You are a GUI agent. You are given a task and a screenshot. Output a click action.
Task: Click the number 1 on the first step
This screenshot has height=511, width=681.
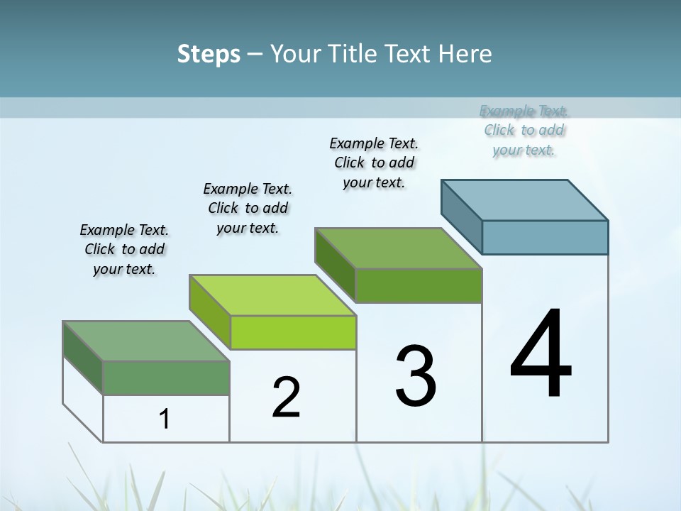165,419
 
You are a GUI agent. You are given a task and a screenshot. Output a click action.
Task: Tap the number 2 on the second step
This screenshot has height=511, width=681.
287,397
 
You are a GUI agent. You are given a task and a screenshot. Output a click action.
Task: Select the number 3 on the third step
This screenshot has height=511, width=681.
416,376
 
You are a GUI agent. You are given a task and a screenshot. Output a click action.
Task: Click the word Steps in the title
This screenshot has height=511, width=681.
209,54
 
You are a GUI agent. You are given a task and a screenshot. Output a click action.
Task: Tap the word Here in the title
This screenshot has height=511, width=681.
465,54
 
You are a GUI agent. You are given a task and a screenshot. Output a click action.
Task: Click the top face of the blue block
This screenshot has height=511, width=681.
525,199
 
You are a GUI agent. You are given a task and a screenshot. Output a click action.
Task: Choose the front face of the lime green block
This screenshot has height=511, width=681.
293,332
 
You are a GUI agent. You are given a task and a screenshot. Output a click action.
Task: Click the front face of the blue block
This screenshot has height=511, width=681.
545,237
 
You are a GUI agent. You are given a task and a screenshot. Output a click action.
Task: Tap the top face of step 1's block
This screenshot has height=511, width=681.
146,341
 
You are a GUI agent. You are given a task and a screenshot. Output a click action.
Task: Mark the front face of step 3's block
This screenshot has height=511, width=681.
419,285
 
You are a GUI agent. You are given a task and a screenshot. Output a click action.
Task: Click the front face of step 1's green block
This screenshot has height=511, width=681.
166,378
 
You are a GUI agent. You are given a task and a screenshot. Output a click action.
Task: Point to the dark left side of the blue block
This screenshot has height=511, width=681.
461,216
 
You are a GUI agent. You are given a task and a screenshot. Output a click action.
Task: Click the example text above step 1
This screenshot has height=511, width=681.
124,249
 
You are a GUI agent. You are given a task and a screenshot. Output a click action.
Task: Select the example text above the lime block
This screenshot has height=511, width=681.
248,208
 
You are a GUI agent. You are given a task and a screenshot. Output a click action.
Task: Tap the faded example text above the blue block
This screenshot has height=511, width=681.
524,130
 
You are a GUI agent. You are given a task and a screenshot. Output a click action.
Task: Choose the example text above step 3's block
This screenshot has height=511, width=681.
374,163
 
